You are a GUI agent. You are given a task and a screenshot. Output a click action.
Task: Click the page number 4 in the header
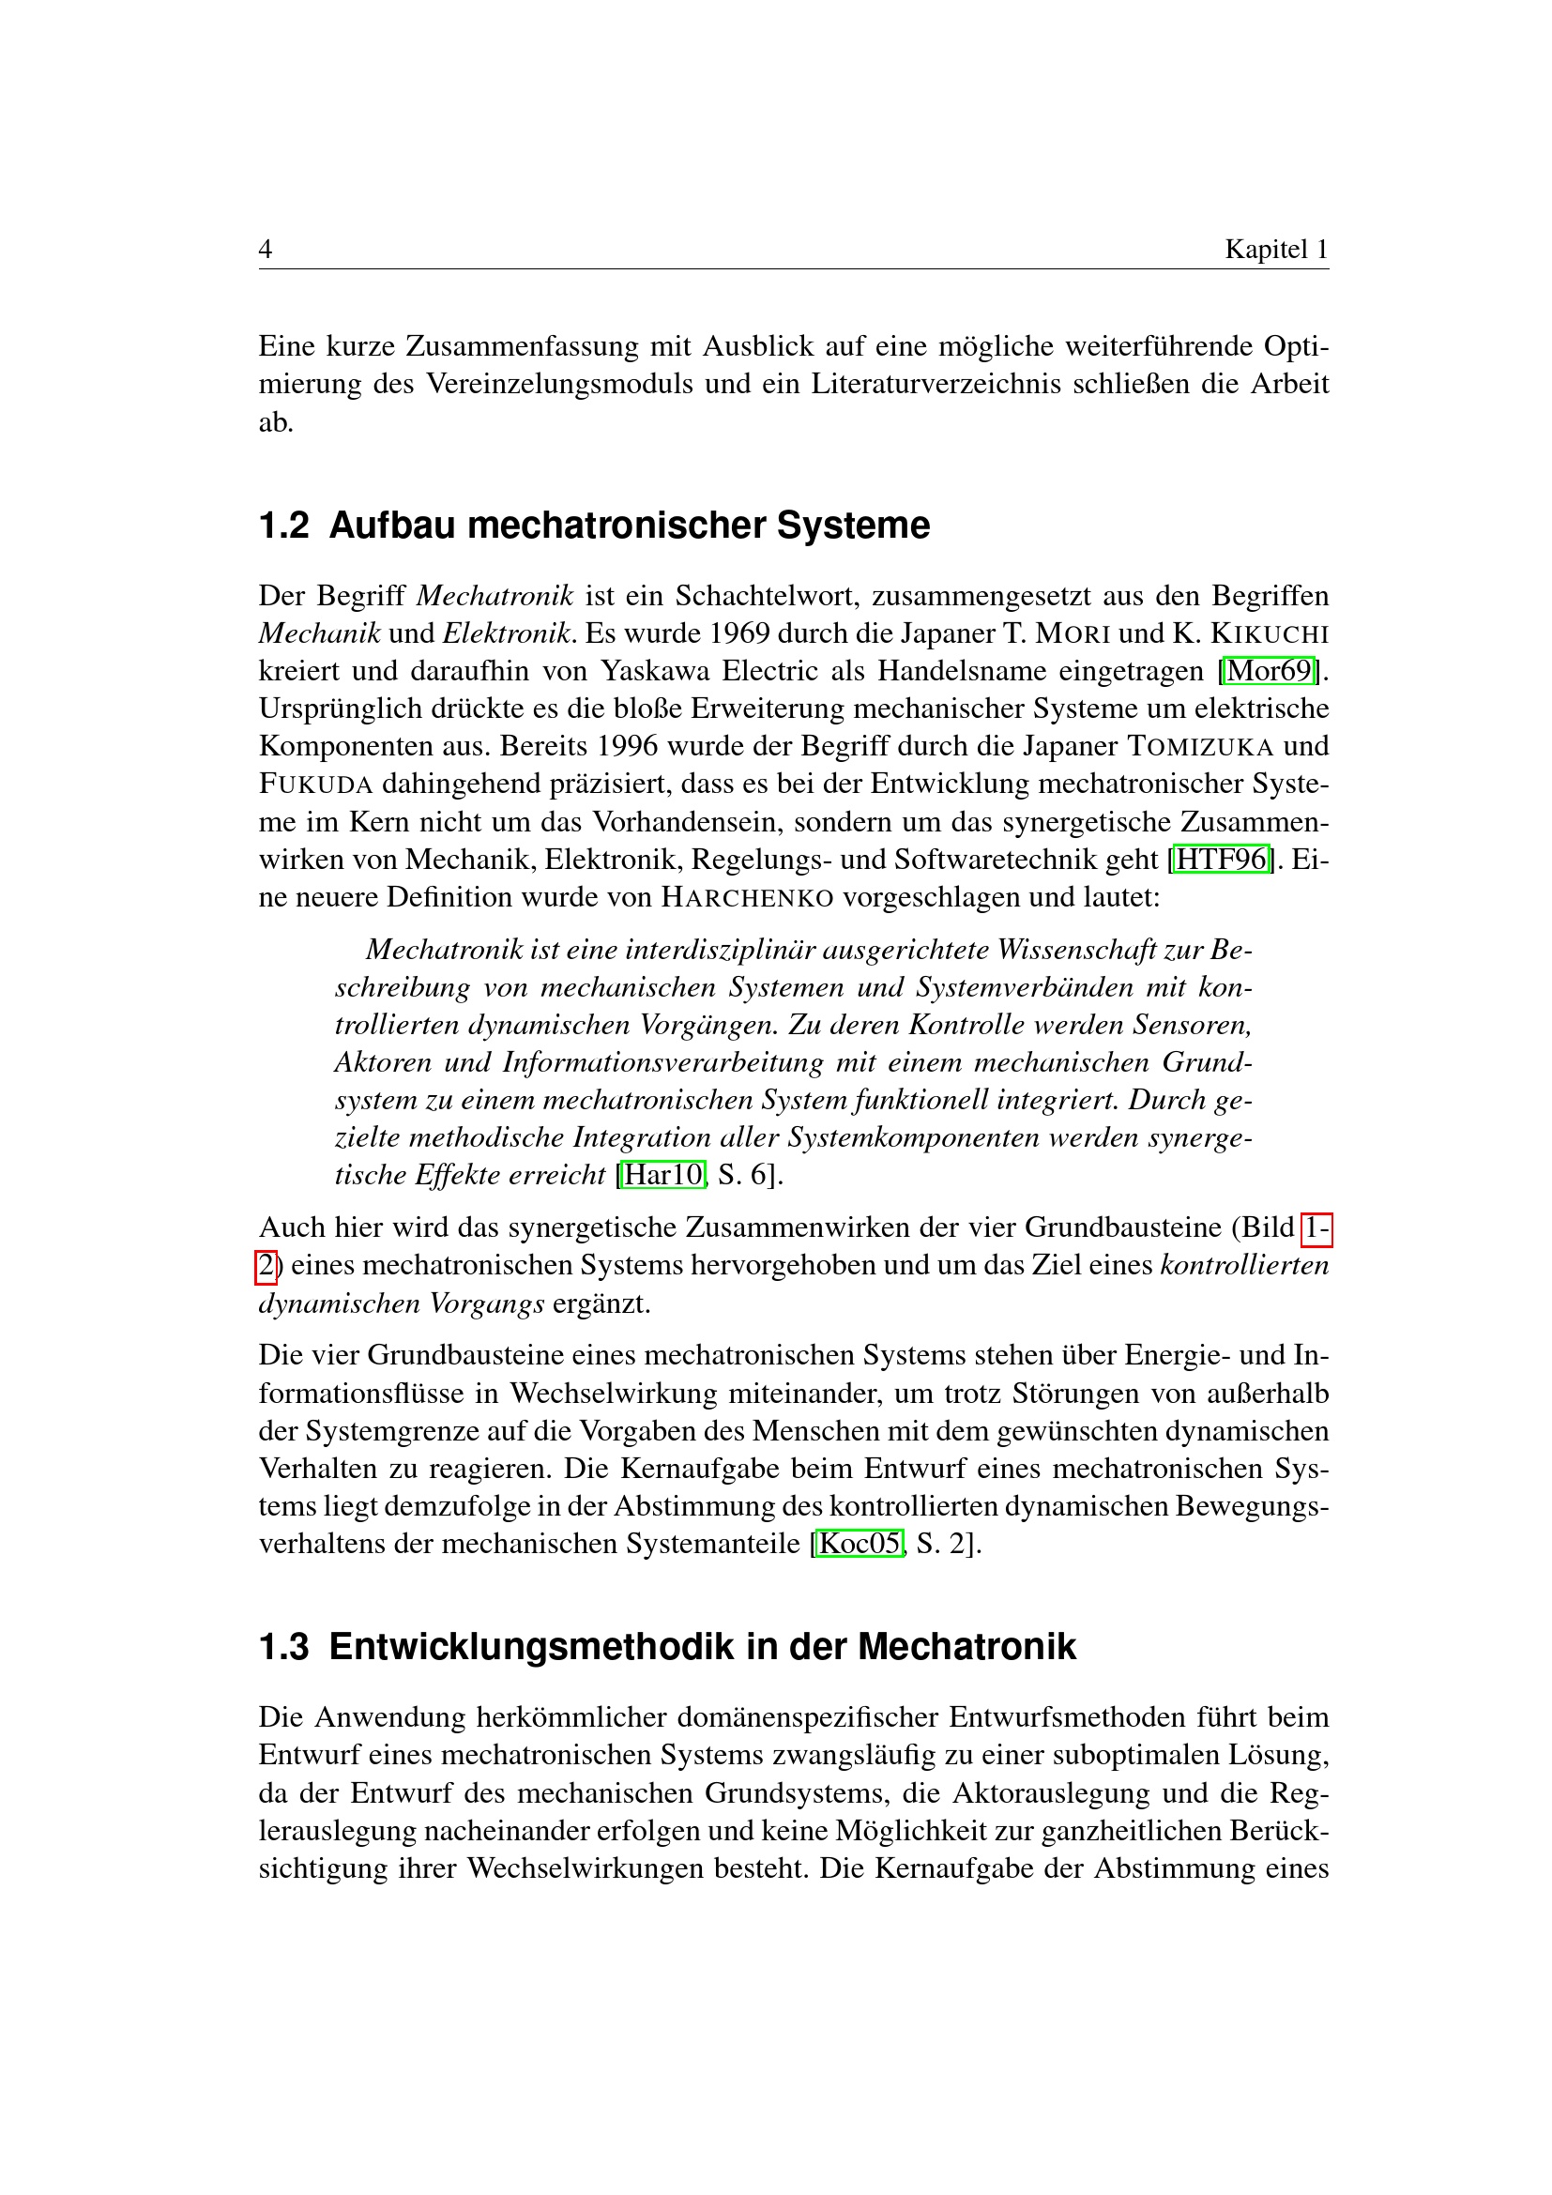pos(266,250)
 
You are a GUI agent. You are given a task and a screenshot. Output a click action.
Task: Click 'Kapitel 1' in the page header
pos(1276,250)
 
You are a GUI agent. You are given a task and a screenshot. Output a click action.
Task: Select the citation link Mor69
pos(1270,671)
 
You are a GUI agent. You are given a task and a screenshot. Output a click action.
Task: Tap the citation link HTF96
pos(1221,860)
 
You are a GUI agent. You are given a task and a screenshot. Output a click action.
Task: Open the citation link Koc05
pos(860,1543)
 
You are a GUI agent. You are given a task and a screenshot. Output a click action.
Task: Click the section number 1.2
pos(283,526)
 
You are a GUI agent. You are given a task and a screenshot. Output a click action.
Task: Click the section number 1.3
pos(283,1647)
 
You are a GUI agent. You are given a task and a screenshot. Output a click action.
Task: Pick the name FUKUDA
pos(315,785)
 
